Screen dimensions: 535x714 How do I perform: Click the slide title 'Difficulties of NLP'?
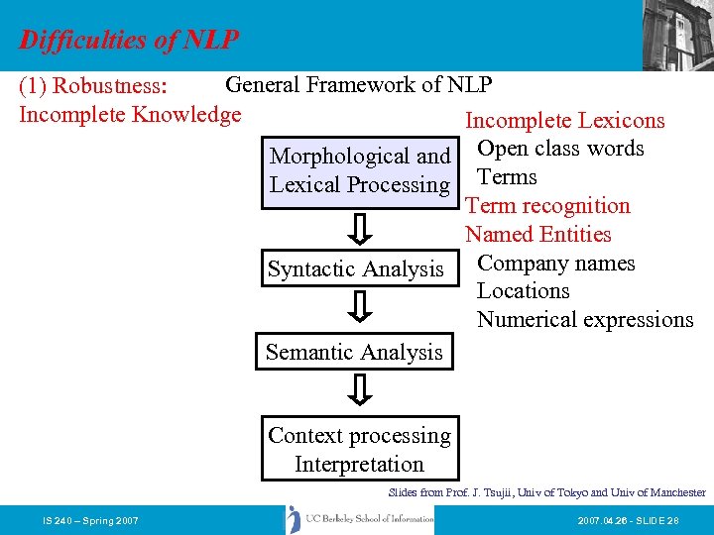(129, 40)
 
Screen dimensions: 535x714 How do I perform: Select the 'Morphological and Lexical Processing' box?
(360, 171)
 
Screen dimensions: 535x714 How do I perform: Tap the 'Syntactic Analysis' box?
(355, 269)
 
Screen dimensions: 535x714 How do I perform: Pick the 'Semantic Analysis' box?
(354, 353)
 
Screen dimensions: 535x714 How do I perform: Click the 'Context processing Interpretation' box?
(359, 450)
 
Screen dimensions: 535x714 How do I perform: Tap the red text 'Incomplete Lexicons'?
(565, 121)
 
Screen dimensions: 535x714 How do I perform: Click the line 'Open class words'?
(560, 149)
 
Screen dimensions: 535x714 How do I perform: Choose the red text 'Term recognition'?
(547, 206)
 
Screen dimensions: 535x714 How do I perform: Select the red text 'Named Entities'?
(538, 235)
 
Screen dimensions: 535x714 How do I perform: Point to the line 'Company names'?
(555, 264)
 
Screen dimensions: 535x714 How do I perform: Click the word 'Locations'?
(523, 291)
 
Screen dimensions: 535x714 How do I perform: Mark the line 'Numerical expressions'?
(585, 320)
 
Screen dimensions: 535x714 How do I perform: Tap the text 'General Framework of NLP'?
(359, 85)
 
